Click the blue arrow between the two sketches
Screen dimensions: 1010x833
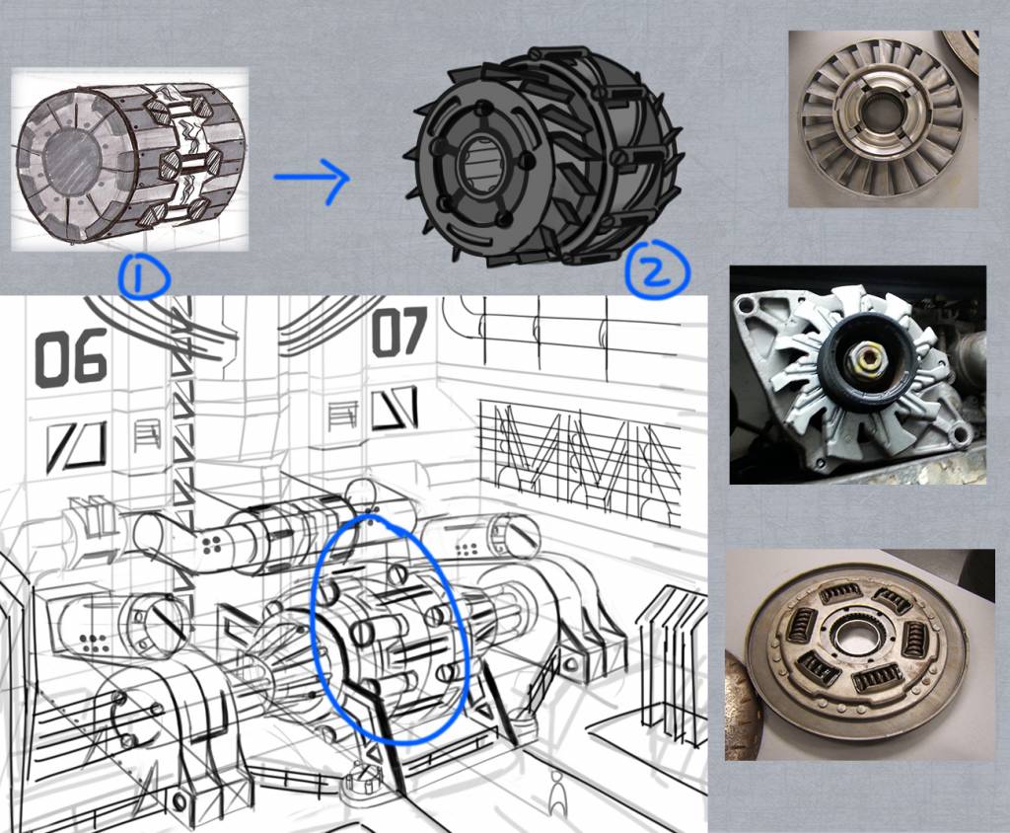[x=313, y=179]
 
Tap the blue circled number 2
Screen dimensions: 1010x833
[x=657, y=270]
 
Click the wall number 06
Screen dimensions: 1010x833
[x=71, y=358]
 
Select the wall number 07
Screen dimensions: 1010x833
[x=399, y=332]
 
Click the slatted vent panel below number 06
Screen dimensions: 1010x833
[x=148, y=435]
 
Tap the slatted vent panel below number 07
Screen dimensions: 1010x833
[x=342, y=416]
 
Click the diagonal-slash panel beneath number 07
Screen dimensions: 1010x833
[x=394, y=409]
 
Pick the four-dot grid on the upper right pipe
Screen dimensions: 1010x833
[x=467, y=549]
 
